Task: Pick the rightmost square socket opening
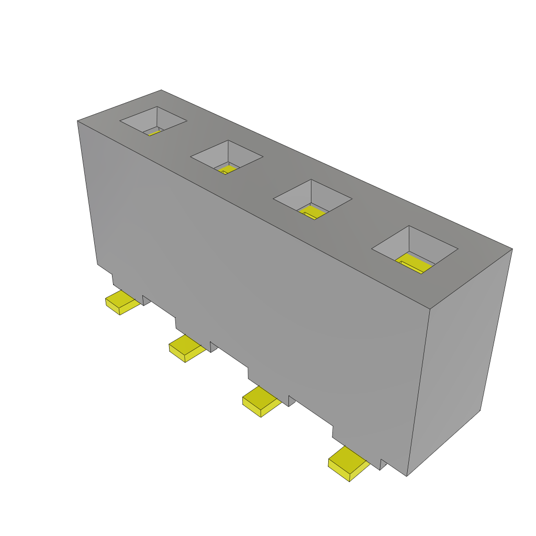tap(415, 248)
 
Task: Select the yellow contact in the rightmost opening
tap(414, 263)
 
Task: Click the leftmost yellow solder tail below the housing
tap(122, 303)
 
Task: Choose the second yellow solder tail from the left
tap(186, 348)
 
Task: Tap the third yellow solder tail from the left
tap(261, 402)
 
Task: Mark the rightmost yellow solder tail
tap(348, 463)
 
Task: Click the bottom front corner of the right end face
tap(407, 475)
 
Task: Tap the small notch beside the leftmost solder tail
tap(146, 300)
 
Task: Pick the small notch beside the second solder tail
tap(213, 346)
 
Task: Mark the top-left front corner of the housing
tap(77, 121)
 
